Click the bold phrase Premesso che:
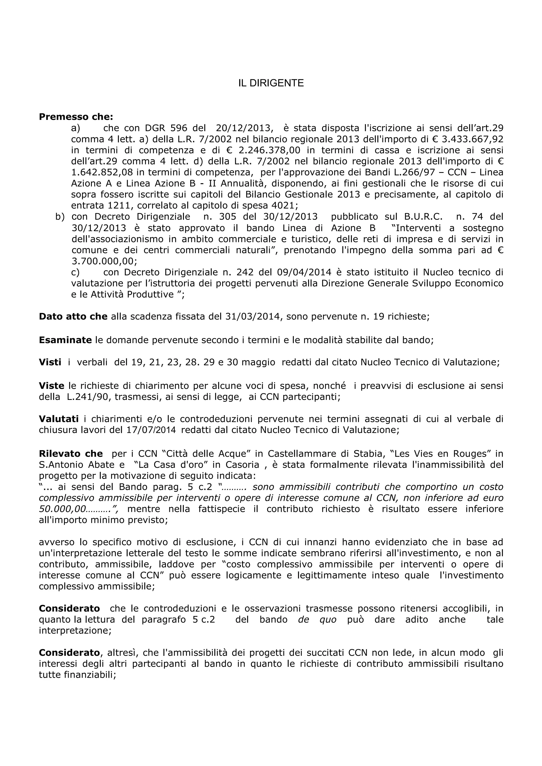coord(76,117)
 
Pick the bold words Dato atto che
coord(73,316)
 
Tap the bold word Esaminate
coord(65,340)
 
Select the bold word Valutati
coord(59,419)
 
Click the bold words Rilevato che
coord(71,454)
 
